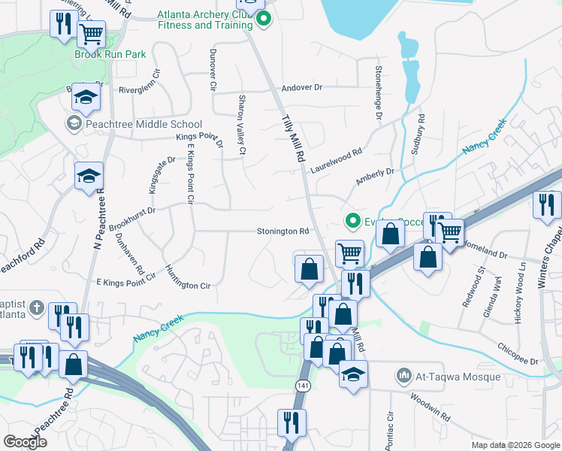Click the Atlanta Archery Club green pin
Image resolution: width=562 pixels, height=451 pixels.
[x=263, y=20]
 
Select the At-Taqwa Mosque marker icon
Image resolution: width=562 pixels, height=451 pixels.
[x=404, y=374]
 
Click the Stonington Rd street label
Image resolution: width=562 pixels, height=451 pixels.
[x=283, y=232]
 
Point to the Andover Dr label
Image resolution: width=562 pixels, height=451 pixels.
[x=301, y=88]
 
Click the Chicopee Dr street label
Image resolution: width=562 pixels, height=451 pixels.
[x=518, y=355]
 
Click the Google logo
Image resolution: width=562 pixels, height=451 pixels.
[x=26, y=442]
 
